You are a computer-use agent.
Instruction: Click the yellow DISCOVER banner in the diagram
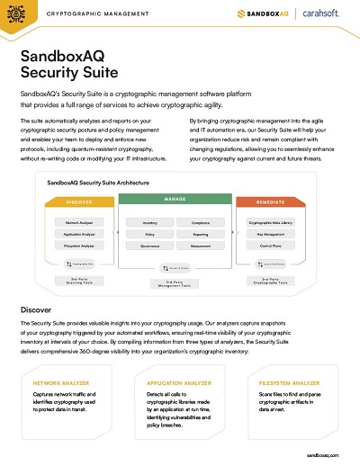point(80,202)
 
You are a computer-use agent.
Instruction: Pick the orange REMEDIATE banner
point(277,202)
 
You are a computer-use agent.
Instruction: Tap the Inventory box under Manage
point(151,221)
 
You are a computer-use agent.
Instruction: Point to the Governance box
point(151,244)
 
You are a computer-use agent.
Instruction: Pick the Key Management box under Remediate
point(276,233)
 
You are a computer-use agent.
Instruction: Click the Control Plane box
point(276,245)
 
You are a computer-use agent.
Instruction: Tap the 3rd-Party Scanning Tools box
point(80,280)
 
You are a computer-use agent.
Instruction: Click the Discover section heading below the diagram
point(38,309)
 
